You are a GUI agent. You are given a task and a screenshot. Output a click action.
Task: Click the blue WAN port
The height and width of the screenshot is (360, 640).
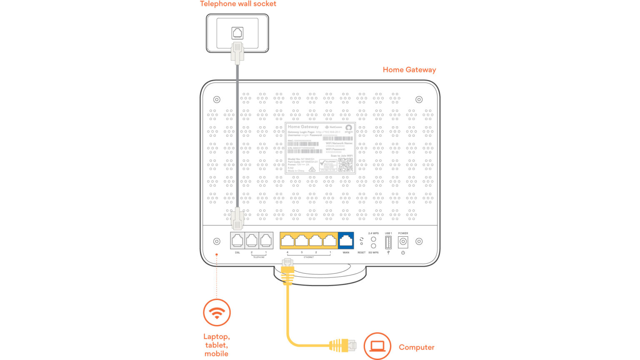click(346, 240)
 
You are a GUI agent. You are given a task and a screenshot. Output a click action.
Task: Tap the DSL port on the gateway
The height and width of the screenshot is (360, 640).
click(237, 240)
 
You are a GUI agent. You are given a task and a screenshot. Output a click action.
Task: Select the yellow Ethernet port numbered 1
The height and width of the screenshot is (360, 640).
click(330, 240)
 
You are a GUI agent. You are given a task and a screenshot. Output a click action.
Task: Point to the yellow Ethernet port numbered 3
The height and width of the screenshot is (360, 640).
click(302, 240)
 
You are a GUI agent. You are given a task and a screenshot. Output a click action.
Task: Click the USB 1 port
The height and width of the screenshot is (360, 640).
click(388, 242)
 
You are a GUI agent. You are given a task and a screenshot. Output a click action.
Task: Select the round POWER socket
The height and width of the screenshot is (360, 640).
click(403, 242)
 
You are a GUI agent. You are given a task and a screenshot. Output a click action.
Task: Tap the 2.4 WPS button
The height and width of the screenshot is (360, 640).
click(373, 239)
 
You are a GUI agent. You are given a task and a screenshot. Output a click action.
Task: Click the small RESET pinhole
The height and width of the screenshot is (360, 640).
click(361, 244)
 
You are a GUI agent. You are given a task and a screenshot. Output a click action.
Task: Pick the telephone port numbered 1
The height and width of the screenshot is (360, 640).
click(266, 240)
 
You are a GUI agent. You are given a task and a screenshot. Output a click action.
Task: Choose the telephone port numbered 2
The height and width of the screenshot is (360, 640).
click(252, 240)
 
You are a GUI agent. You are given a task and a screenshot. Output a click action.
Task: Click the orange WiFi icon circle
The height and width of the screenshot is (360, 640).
click(217, 312)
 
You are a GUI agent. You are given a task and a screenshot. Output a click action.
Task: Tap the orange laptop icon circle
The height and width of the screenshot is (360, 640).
click(377, 346)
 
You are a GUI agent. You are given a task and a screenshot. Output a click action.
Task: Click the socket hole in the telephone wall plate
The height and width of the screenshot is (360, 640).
click(237, 33)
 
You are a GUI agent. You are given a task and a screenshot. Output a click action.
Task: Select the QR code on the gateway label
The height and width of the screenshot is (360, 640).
click(346, 165)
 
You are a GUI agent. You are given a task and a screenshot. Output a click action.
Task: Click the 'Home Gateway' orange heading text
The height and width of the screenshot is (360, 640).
click(409, 70)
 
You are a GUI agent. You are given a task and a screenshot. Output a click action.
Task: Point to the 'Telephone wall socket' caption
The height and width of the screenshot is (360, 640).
click(238, 4)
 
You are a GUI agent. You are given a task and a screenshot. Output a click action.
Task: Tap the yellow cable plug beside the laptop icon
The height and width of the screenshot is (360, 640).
click(342, 345)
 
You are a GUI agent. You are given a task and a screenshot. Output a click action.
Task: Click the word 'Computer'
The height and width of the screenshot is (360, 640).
click(416, 347)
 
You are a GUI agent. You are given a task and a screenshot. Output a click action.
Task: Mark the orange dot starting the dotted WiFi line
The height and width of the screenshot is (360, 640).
click(217, 254)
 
